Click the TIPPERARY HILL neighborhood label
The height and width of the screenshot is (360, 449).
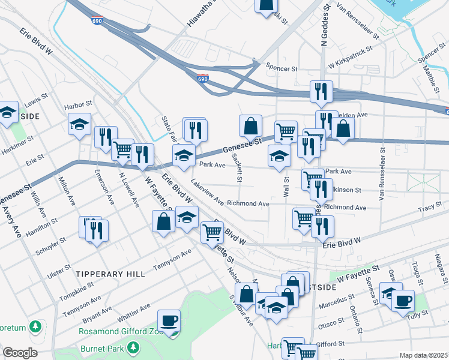[110, 274]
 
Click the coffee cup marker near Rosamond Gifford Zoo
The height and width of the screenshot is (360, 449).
[169, 321]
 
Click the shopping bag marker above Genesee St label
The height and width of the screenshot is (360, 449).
[250, 126]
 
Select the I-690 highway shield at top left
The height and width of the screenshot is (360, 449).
[97, 20]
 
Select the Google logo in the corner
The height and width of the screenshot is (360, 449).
[20, 353]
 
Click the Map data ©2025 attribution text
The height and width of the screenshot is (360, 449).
[423, 355]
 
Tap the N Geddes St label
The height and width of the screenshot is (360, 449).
[324, 26]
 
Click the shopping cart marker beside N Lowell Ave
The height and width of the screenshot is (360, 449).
[123, 149]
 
